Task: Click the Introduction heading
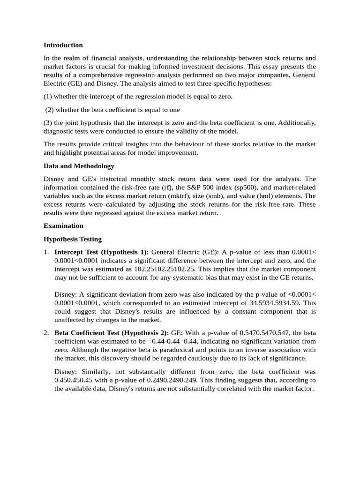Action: [x=63, y=45]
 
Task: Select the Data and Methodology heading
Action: [x=79, y=166]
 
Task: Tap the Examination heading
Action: [x=63, y=225]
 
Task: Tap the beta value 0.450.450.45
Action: [x=71, y=380]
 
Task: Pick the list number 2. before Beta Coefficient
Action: [x=46, y=333]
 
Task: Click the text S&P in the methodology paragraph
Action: [x=186, y=187]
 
